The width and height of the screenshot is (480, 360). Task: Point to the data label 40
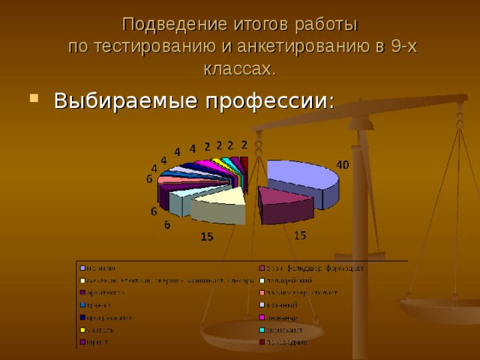341,164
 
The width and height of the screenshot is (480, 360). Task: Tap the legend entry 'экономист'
286,330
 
